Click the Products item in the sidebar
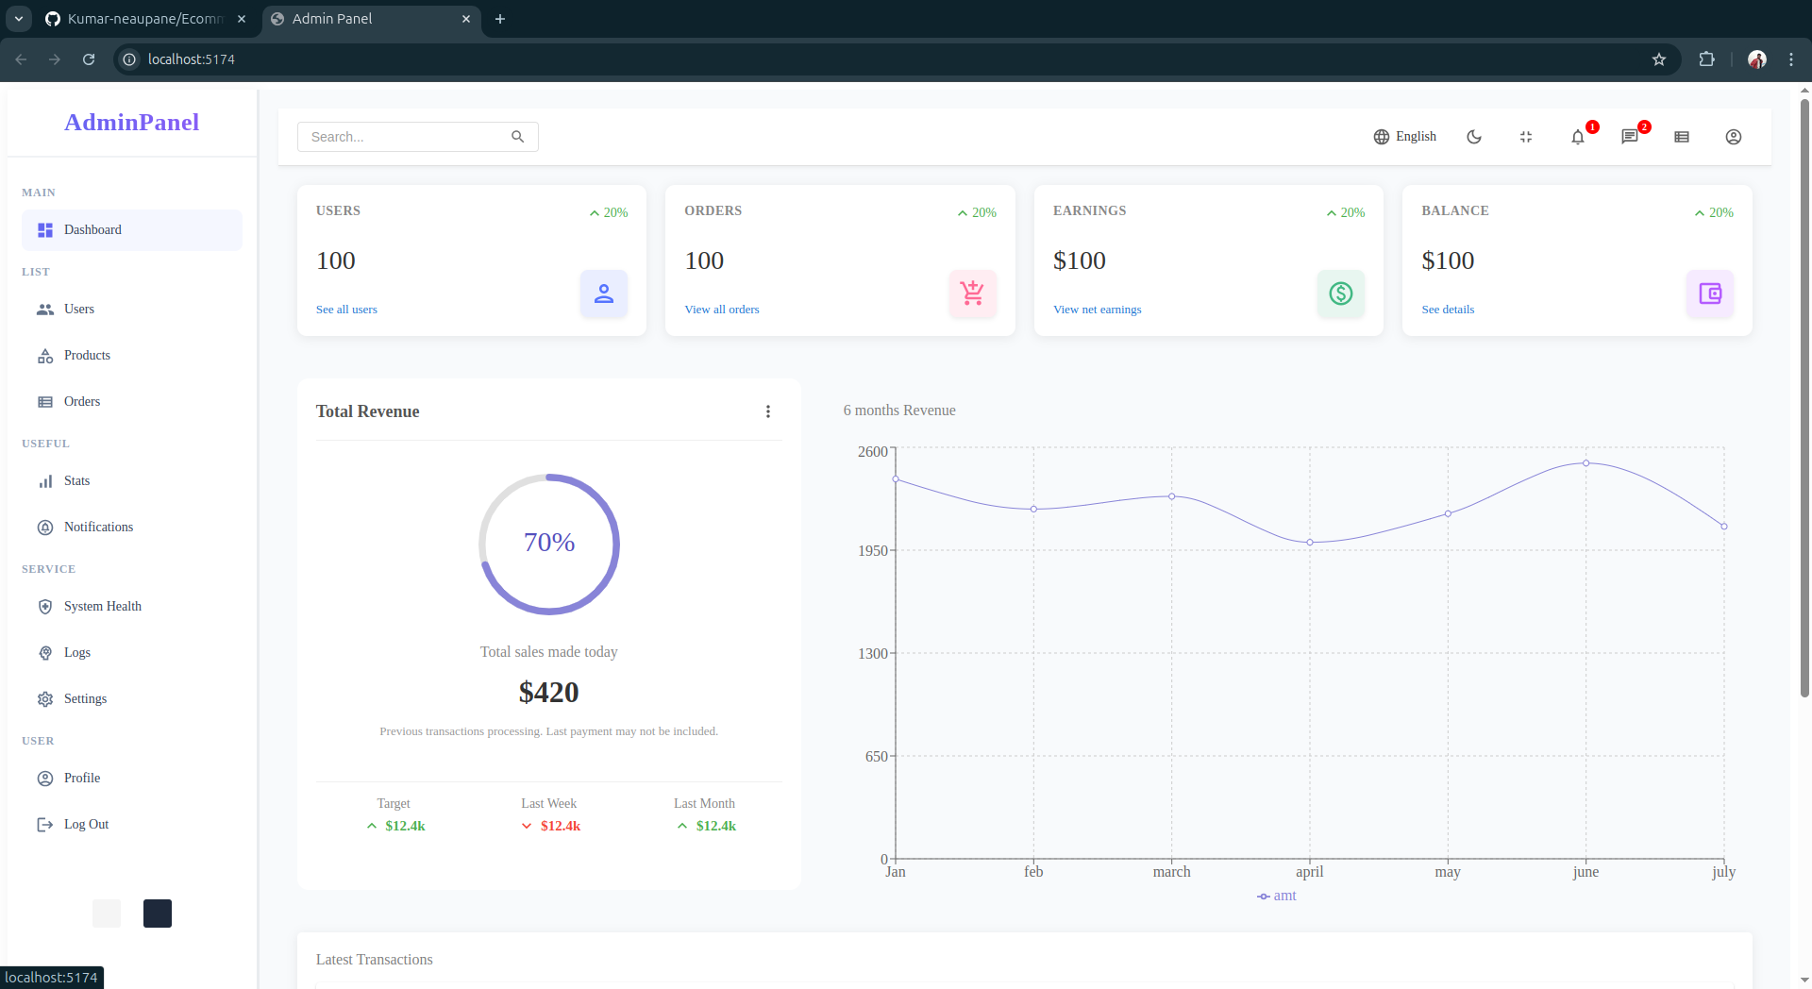(86, 356)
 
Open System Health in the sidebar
(102, 607)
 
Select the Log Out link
(85, 825)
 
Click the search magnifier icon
(517, 137)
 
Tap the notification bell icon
(1577, 138)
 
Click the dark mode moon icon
(1473, 137)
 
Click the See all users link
(346, 310)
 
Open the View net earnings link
(1097, 310)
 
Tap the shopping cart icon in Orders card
(972, 293)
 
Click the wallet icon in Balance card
(1709, 293)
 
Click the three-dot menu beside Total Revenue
(767, 411)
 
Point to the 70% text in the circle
(549, 543)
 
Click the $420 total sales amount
(548, 693)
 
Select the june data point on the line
(1585, 463)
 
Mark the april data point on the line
(1310, 543)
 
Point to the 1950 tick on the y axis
(872, 551)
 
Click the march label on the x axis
(1171, 872)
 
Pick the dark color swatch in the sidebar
(158, 914)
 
